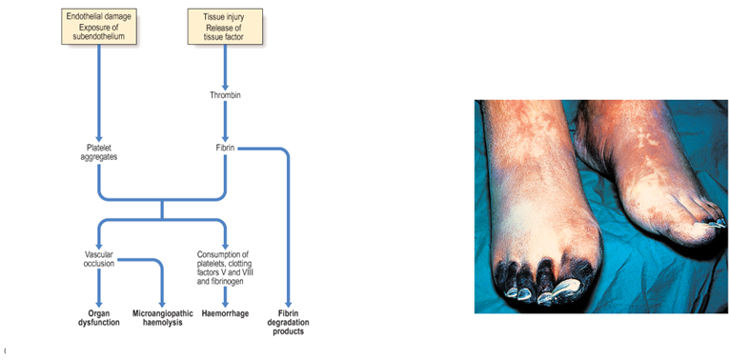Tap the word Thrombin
tap(226, 94)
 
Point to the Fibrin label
tap(225, 148)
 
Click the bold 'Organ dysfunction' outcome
tap(99, 317)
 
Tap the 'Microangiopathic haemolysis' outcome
tap(162, 317)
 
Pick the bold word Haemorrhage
tap(225, 312)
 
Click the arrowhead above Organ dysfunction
tap(99, 302)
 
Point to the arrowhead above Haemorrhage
tap(225, 301)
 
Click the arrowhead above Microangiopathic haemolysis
tap(162, 301)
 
